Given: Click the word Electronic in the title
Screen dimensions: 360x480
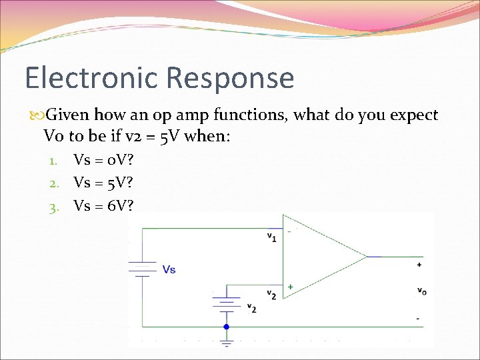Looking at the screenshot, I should tap(91, 78).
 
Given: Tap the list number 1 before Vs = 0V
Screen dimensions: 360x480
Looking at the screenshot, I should tap(55, 160).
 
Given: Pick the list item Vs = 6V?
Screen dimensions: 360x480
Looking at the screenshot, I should tap(103, 206).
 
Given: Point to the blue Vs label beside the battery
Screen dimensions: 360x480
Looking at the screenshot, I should tap(169, 269).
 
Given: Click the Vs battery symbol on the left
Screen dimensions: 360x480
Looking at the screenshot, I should tap(142, 269).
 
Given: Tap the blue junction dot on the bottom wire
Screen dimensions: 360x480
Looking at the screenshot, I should tap(227, 327).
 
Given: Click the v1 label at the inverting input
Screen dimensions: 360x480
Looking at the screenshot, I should tap(272, 236).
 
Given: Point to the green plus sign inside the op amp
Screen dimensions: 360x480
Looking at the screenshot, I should tap(290, 287).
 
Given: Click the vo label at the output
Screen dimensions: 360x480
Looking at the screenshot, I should tap(421, 291).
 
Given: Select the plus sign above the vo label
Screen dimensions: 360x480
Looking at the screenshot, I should tap(419, 265).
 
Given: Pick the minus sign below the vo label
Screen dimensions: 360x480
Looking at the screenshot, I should tap(418, 318).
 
